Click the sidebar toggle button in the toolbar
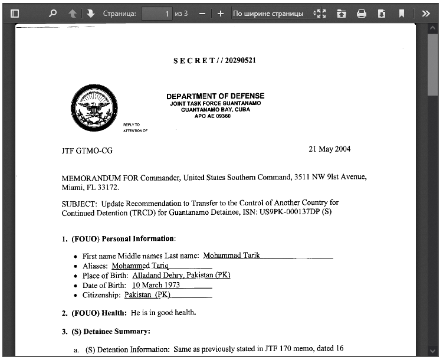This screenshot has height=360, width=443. (15, 13)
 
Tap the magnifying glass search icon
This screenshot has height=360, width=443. (53, 13)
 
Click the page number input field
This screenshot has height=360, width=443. (157, 13)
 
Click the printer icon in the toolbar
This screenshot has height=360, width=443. (362, 13)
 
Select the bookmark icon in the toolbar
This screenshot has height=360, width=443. (402, 13)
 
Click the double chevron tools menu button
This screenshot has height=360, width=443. (426, 13)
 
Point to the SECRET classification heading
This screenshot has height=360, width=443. (215, 61)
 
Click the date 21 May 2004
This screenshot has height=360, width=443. (329, 149)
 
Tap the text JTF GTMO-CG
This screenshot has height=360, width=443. (87, 150)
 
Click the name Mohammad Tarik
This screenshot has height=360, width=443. (231, 256)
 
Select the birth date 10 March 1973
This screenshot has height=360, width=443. (156, 285)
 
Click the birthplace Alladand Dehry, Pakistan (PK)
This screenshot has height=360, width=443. (181, 276)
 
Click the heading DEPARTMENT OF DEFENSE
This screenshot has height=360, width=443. (215, 96)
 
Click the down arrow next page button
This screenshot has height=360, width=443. (90, 13)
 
